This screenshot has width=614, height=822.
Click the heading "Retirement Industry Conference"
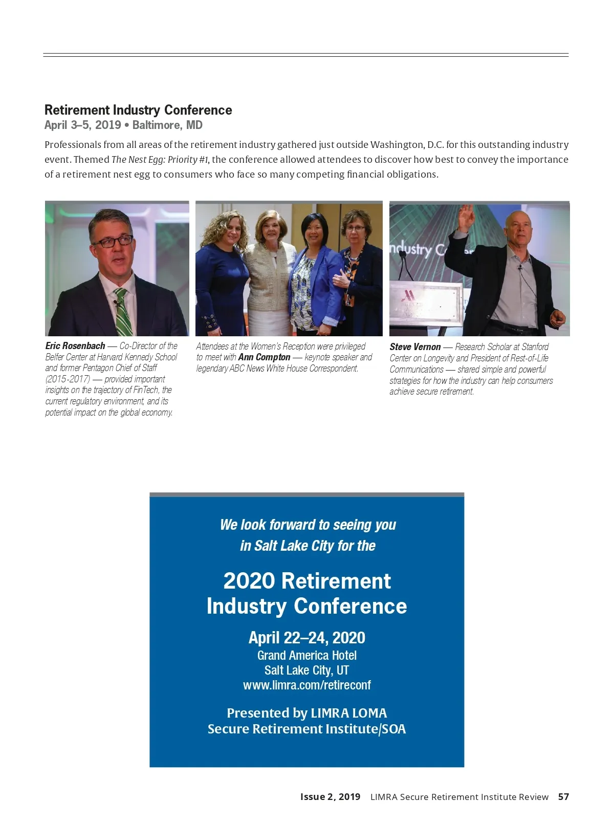click(x=138, y=110)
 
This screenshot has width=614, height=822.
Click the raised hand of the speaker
click(x=466, y=218)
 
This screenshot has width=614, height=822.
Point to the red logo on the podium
click(x=408, y=295)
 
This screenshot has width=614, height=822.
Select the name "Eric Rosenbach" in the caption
click(x=75, y=346)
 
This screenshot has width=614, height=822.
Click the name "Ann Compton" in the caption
click(x=264, y=357)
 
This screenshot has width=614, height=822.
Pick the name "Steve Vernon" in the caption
click(x=415, y=347)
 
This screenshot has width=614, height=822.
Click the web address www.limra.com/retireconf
click(x=307, y=685)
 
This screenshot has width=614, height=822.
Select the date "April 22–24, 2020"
click(x=307, y=638)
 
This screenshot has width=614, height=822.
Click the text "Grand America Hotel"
click(x=307, y=656)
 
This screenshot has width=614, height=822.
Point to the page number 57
click(x=563, y=797)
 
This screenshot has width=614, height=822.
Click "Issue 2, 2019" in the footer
click(x=330, y=797)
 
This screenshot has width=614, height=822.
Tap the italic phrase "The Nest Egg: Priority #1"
click(x=160, y=160)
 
